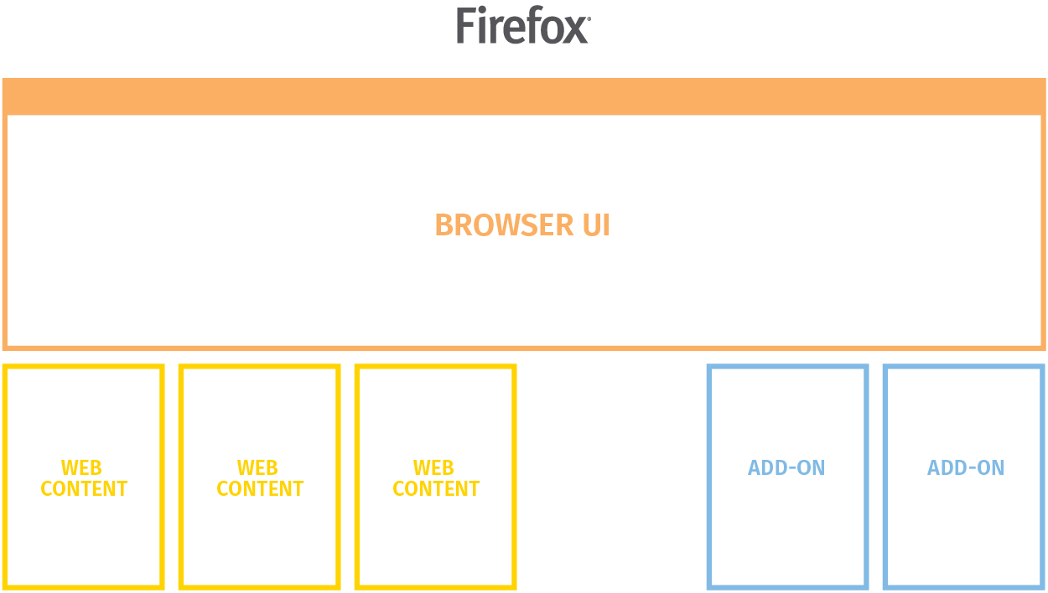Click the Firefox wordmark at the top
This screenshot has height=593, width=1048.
(x=523, y=25)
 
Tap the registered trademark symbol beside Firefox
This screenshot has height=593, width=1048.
(x=589, y=18)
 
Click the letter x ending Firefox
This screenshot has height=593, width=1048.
(x=574, y=30)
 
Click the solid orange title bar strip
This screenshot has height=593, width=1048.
(x=524, y=96)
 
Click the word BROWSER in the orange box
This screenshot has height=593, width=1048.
(x=505, y=225)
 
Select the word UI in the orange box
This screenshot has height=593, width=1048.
(x=596, y=225)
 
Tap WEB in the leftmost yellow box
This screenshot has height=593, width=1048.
(x=81, y=467)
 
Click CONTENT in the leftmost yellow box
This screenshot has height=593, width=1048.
(x=84, y=489)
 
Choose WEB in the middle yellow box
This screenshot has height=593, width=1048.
(x=257, y=467)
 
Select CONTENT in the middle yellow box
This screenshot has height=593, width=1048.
(x=260, y=489)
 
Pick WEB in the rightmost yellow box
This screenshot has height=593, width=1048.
(x=433, y=467)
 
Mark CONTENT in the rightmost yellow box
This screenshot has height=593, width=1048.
(x=436, y=489)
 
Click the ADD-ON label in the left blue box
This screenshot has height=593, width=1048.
(x=786, y=467)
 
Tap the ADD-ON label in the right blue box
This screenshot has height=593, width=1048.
(x=966, y=467)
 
